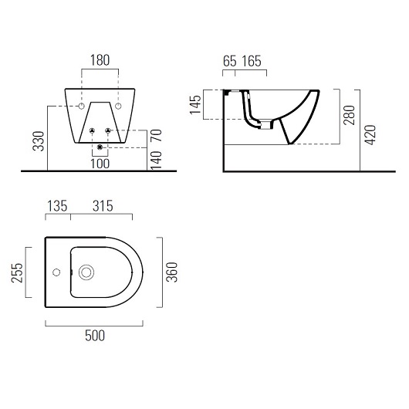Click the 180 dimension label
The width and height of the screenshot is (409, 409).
100,60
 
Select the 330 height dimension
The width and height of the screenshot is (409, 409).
39,141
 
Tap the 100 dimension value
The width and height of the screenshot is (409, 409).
100,164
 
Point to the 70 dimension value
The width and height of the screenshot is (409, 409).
156,135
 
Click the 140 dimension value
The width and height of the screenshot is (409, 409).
156,161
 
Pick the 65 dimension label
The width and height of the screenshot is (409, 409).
229,61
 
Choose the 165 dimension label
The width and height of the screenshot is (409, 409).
252,61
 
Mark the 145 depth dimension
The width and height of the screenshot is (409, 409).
195,105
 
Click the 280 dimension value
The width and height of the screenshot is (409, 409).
350,115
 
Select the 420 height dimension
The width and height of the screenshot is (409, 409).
370,134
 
